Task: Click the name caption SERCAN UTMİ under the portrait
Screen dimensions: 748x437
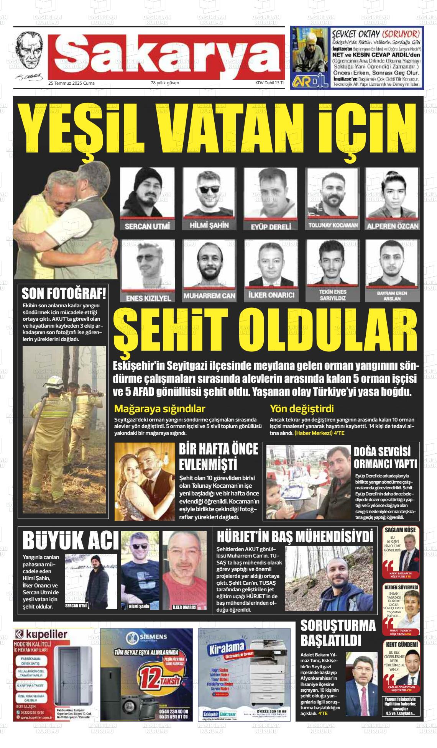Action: [x=147, y=226]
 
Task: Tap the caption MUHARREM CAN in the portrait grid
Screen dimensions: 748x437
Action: [x=209, y=296]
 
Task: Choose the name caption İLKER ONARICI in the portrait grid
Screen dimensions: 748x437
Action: [x=271, y=295]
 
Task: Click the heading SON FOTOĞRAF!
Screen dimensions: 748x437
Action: [x=64, y=294]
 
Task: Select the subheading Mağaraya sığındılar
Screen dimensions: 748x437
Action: [x=159, y=408]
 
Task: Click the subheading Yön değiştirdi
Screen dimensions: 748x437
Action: [x=302, y=408]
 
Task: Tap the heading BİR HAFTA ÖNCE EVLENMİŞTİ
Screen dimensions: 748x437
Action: [x=219, y=457]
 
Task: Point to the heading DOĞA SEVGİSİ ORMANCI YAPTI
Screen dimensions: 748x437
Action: [x=385, y=458]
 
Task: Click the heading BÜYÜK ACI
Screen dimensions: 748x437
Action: [x=71, y=541]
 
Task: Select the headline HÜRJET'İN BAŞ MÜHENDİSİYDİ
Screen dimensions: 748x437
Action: [x=295, y=536]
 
